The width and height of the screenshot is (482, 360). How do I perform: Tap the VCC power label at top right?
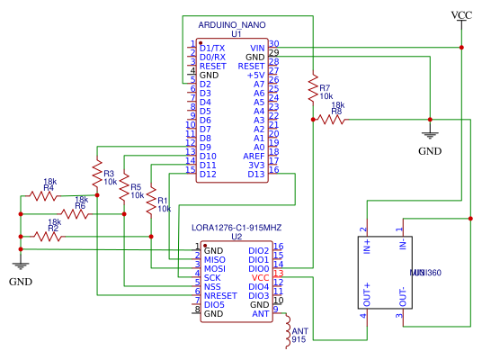coord(461,15)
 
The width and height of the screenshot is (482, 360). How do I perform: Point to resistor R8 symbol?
coord(329,119)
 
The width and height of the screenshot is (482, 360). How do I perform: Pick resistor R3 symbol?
coord(96,168)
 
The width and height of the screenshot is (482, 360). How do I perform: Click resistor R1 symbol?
coord(151,202)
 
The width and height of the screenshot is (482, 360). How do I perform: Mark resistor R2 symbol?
coord(48,236)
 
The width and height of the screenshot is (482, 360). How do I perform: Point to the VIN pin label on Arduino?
coord(257,47)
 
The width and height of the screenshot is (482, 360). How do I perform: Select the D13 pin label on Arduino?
coord(256,174)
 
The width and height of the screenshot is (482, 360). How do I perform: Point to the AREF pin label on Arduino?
coord(254,156)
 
